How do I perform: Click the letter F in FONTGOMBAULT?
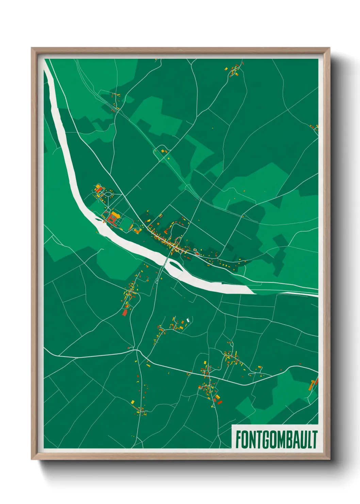coord(238,440)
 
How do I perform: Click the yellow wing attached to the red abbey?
coord(116,215)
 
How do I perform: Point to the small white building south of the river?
coord(187,321)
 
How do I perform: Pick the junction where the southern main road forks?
coord(137,350)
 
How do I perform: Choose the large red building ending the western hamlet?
coord(125,312)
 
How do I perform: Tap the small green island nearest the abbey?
coord(99,220)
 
